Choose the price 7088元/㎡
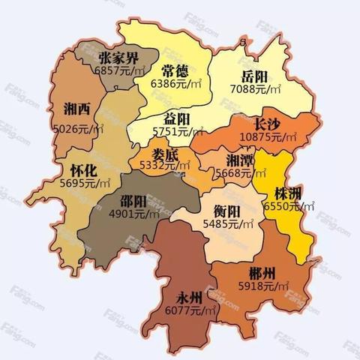coord(256,89)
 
